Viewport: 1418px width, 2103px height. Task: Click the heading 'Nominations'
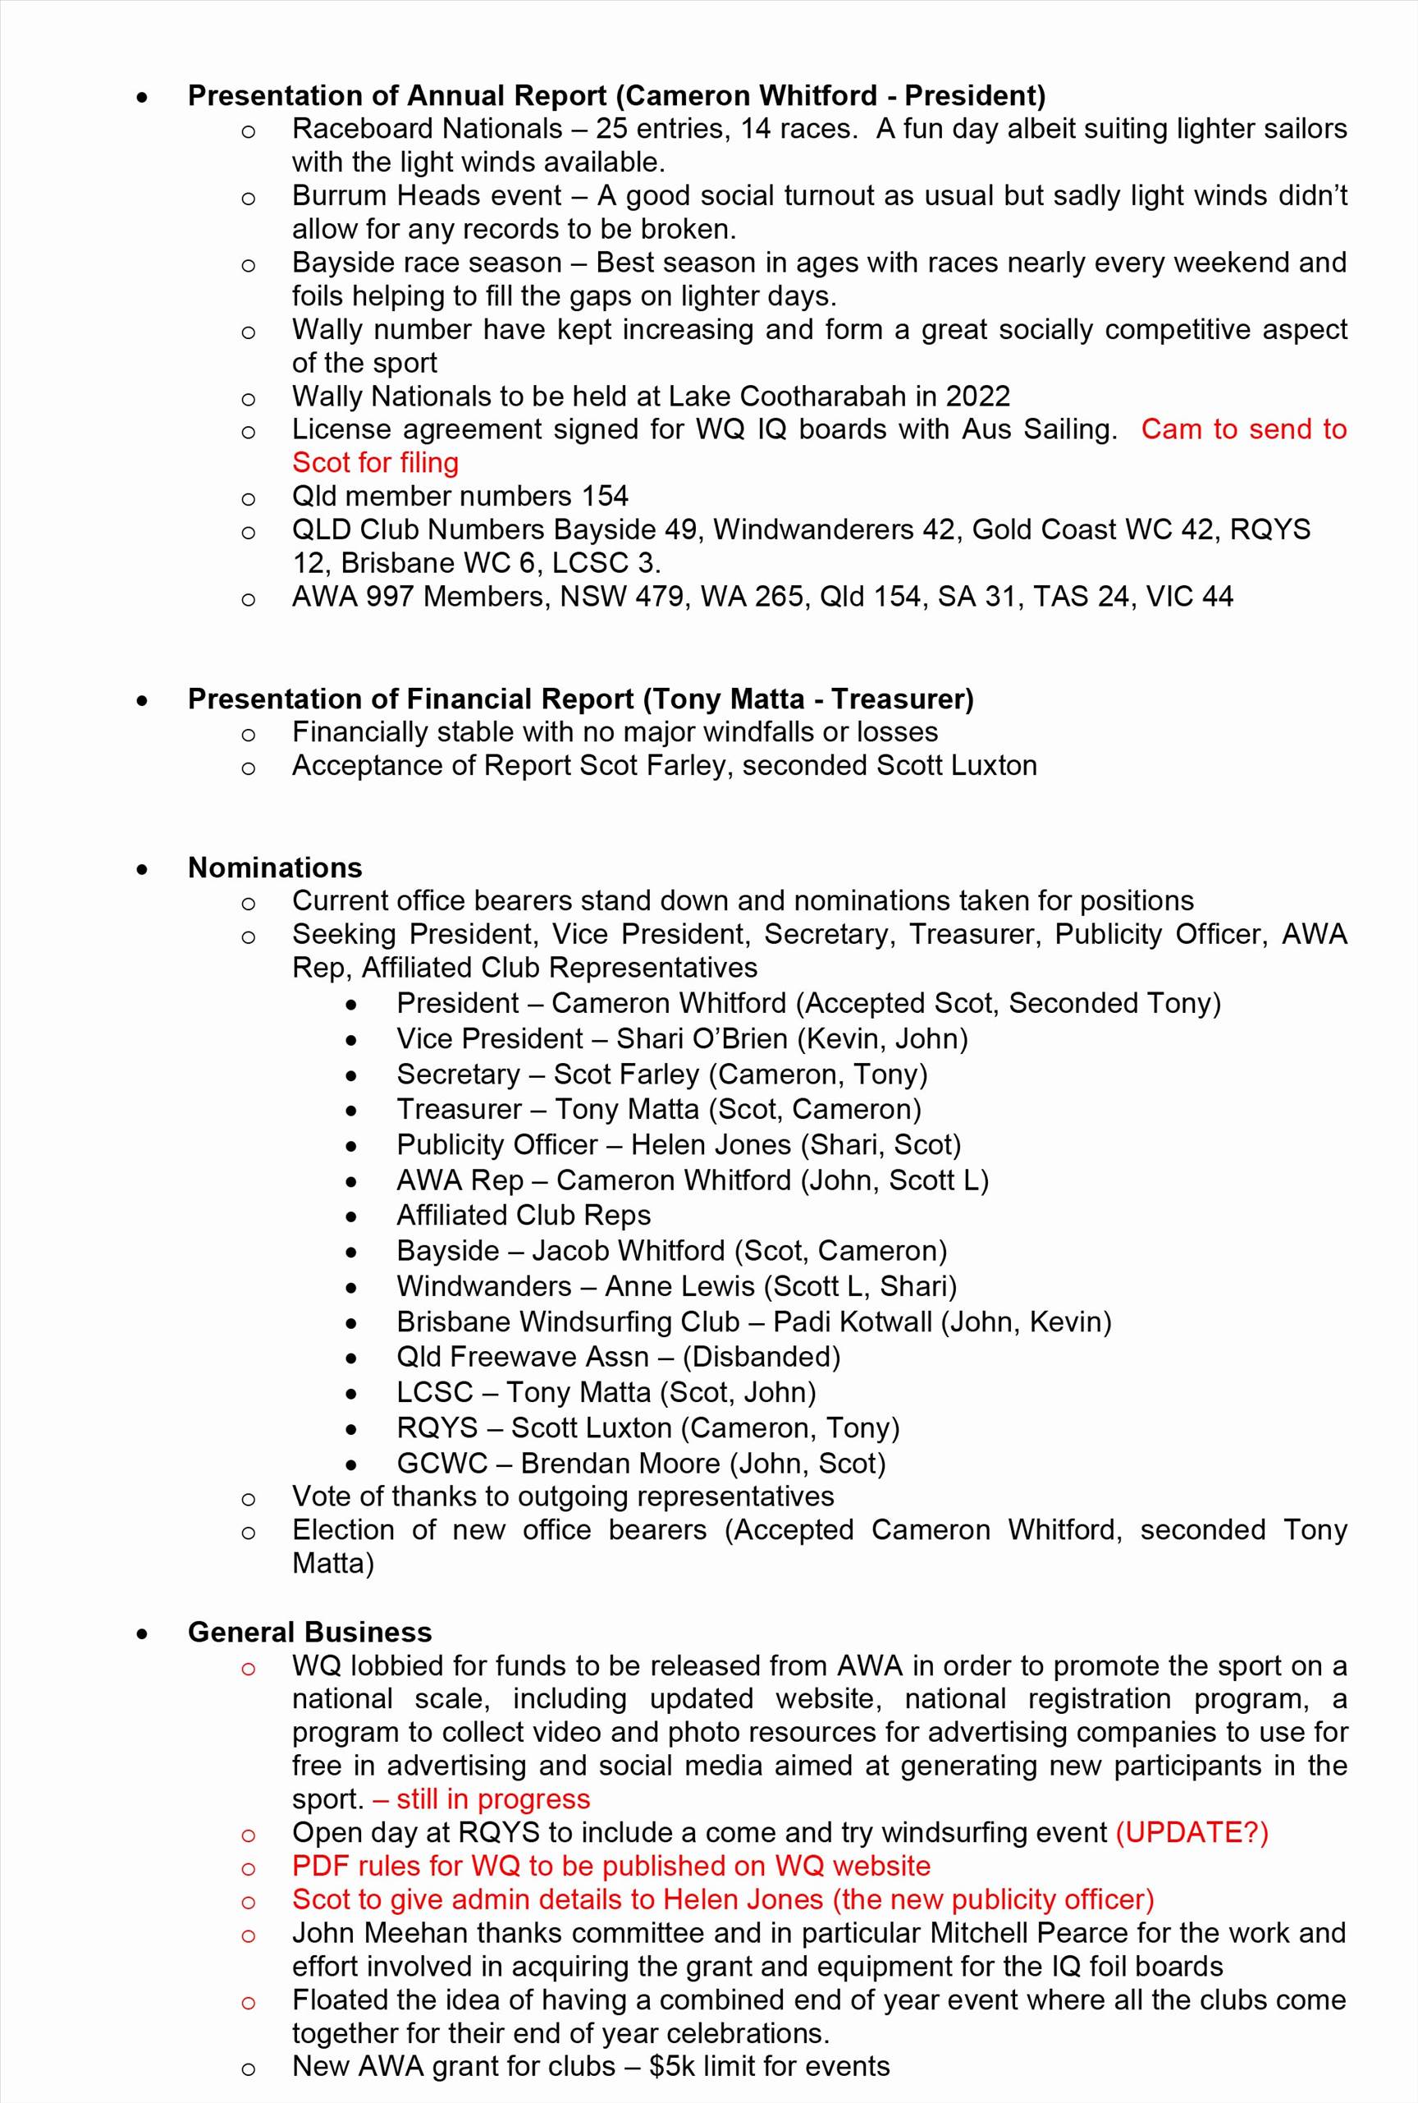tap(275, 868)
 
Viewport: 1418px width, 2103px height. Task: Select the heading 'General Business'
tap(309, 1632)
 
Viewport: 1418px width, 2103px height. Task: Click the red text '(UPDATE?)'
tap(1192, 1833)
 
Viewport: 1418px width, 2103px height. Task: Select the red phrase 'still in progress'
tap(493, 1799)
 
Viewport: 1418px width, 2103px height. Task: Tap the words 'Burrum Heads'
tap(382, 195)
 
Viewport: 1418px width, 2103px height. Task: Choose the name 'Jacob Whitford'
tap(628, 1251)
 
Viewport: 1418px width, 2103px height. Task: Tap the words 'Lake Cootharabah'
tap(801, 396)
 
